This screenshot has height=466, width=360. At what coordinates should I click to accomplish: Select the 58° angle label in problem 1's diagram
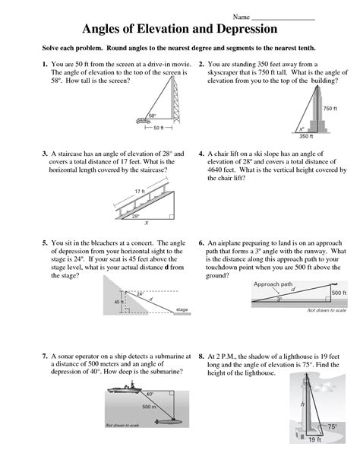(x=152, y=116)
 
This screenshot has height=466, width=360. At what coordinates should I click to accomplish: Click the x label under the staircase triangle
(x=146, y=223)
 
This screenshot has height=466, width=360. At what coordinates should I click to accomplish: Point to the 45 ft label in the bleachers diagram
(x=118, y=302)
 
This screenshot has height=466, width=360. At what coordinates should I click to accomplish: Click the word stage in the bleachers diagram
(x=182, y=310)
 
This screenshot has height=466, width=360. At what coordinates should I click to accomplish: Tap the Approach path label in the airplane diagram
(x=270, y=282)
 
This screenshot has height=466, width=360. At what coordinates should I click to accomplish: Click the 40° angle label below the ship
(x=150, y=395)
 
